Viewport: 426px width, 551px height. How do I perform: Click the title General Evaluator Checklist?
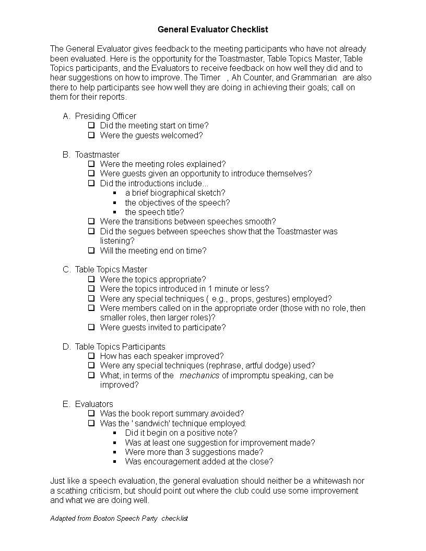point(213,30)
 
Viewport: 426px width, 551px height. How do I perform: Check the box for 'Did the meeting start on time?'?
point(91,125)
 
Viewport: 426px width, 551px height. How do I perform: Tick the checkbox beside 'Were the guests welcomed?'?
point(91,135)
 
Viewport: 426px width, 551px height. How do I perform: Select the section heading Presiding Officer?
point(105,116)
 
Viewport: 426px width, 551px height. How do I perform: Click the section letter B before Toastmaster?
point(66,154)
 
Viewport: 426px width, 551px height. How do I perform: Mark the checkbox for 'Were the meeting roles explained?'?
point(91,164)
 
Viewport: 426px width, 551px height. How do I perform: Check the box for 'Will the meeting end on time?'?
point(91,250)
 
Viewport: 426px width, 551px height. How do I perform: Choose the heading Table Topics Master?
point(111,270)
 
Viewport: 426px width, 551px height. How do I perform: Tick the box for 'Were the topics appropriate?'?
point(91,279)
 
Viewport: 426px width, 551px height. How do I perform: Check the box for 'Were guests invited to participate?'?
point(91,327)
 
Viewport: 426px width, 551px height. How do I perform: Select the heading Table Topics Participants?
point(120,346)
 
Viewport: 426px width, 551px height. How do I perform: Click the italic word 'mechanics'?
point(199,375)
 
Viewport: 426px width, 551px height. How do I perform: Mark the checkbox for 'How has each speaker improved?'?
point(91,356)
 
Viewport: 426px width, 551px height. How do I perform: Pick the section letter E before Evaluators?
point(66,404)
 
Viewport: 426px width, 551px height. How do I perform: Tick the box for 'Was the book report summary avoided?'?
point(91,413)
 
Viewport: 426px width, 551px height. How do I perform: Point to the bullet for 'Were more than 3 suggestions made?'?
point(115,452)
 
